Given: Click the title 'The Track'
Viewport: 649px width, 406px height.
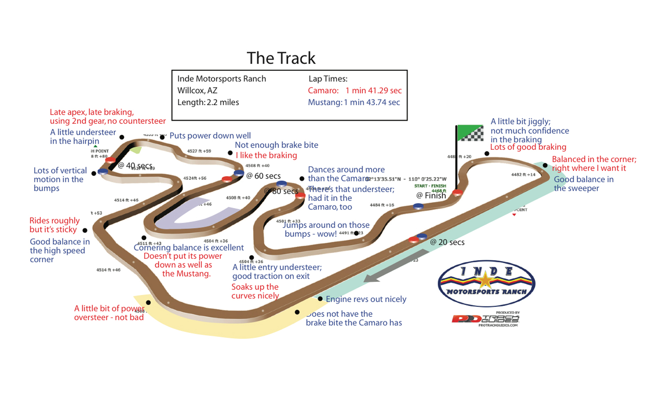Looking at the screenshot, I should tap(281, 58).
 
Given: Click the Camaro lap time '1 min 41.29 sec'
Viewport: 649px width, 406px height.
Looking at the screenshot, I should tap(373, 90).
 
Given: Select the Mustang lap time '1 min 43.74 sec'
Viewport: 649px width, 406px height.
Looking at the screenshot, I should tap(372, 103).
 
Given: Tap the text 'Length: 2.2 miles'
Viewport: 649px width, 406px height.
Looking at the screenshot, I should tap(208, 103).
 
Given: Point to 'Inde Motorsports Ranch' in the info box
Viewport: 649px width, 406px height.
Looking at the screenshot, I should tap(222, 79).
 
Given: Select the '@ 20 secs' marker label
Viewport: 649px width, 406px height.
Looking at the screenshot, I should tap(447, 242).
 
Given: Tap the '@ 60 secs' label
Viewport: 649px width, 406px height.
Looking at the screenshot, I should tap(263, 176).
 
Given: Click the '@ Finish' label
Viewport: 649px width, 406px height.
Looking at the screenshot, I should tap(431, 196).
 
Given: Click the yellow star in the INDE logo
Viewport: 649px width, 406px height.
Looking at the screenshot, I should tap(486, 280).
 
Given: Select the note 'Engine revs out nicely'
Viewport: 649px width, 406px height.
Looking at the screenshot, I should tap(366, 299).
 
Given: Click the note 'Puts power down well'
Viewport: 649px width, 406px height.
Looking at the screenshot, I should tap(210, 136).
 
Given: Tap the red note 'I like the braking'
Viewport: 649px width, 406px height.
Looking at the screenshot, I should tap(266, 155).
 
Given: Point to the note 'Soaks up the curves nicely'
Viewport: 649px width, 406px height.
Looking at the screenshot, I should tap(255, 291).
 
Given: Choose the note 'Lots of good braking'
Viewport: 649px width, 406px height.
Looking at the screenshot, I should tap(528, 147).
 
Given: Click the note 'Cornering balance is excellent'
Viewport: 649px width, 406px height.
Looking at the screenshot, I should tap(189, 248).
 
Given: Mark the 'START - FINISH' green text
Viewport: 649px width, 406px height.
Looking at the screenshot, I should tap(430, 186).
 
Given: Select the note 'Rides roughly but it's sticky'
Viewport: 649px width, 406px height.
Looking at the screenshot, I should tap(55, 225).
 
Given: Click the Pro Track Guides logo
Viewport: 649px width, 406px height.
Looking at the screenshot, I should tap(486, 319).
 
